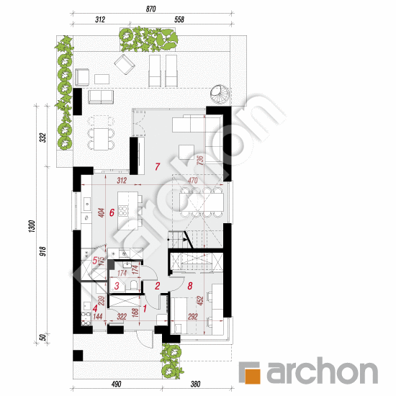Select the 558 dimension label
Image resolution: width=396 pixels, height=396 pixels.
coord(178,19)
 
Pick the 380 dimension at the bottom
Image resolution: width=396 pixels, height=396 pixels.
coord(194,384)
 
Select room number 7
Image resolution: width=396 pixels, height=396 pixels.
coord(156,166)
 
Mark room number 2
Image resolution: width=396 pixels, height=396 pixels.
coord(157,286)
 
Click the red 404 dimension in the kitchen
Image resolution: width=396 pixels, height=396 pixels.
coord(101,212)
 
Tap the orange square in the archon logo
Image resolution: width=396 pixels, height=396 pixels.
coord(251,373)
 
